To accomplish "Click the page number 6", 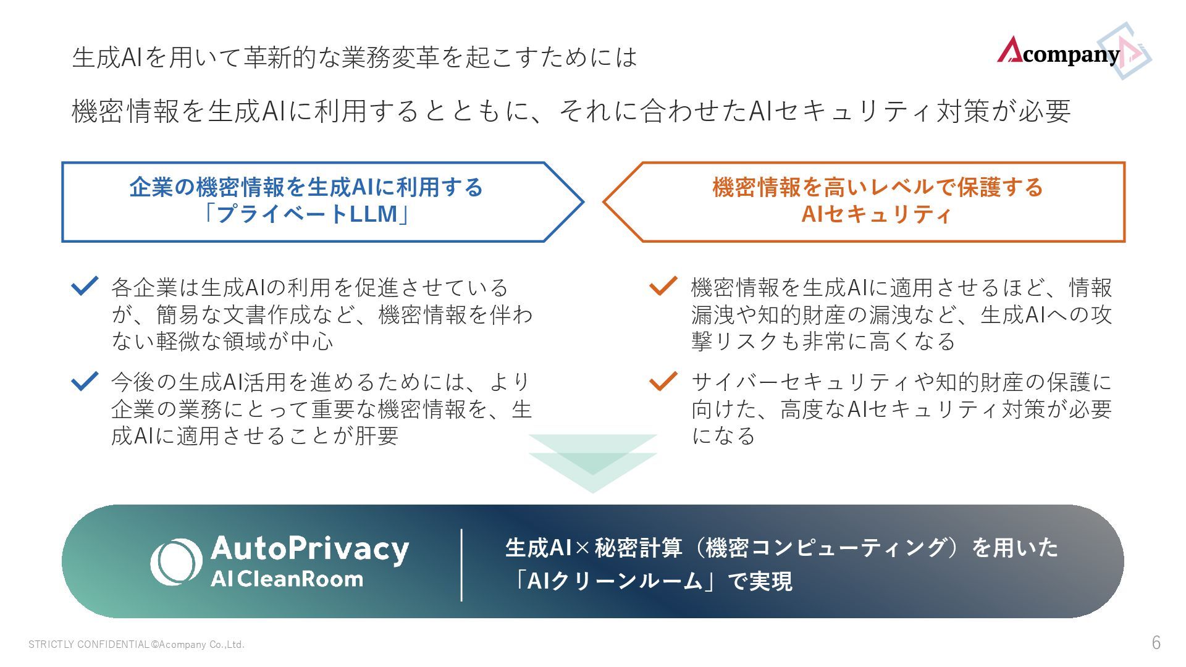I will coord(1156,643).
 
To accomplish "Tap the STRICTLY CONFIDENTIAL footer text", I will coord(136,645).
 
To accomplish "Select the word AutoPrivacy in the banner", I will coord(309,549).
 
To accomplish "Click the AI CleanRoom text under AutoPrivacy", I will coord(287,579).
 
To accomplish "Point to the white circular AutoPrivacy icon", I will coord(176,562).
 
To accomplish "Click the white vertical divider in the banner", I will coord(461,564).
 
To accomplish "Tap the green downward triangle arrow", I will coord(592,463).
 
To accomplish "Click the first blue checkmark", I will coord(85,285).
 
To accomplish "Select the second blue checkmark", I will coord(85,380).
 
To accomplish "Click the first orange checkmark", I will coord(663,285).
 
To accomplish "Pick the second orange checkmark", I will coord(663,380).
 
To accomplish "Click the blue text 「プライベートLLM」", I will coord(306,214).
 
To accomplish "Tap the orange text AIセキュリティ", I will coord(877,214).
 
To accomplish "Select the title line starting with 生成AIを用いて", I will coord(354,57).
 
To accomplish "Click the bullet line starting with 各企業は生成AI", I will coord(309,287).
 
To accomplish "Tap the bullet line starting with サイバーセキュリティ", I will coord(901,382).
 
